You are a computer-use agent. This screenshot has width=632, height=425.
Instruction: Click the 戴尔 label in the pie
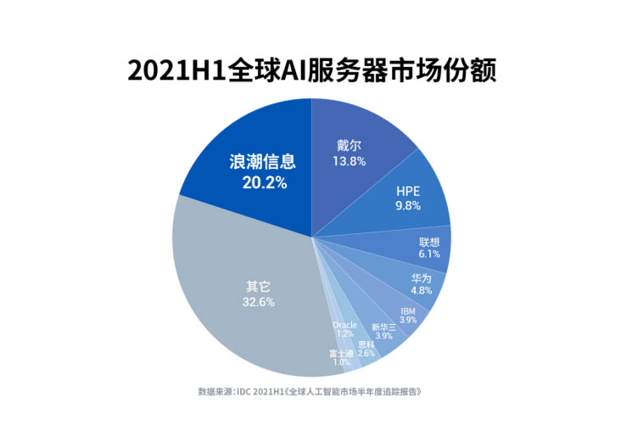349,144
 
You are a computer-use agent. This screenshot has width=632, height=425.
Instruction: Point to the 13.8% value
349,160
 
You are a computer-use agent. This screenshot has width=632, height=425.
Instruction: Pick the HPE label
408,191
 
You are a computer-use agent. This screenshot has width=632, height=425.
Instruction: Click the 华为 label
422,278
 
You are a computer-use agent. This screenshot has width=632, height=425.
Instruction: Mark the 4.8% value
422,291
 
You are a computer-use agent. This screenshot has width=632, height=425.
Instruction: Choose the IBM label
408,310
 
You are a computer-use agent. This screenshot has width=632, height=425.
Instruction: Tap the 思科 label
366,344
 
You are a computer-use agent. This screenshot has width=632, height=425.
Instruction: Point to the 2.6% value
366,354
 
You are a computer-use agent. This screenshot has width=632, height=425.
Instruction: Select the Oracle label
345,324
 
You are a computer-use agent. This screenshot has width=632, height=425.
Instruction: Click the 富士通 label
341,353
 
